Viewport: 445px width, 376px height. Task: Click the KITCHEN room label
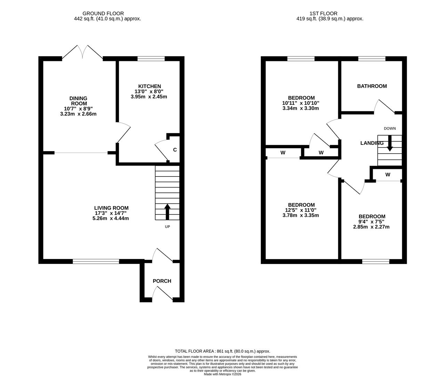[x=149, y=86]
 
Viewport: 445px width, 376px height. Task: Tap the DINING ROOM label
[x=79, y=101]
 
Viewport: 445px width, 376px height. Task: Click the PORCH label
[x=162, y=281]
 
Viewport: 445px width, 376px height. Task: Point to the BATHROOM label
[x=372, y=86]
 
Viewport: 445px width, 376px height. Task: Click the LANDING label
[x=372, y=143]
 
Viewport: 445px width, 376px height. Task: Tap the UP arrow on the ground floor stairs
[x=167, y=212]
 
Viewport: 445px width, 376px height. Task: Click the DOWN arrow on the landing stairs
[x=390, y=143]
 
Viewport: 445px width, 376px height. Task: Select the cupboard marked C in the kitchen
[x=175, y=150]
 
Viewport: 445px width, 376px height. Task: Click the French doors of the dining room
[x=82, y=52]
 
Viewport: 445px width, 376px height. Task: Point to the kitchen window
[x=151, y=59]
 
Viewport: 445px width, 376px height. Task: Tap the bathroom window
[x=372, y=59]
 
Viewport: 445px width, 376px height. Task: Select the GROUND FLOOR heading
[x=108, y=14]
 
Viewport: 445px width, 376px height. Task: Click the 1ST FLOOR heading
[x=323, y=14]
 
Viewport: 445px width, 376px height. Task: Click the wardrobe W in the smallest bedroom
[x=388, y=175]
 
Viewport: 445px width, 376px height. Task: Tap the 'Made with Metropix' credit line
[x=222, y=374]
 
